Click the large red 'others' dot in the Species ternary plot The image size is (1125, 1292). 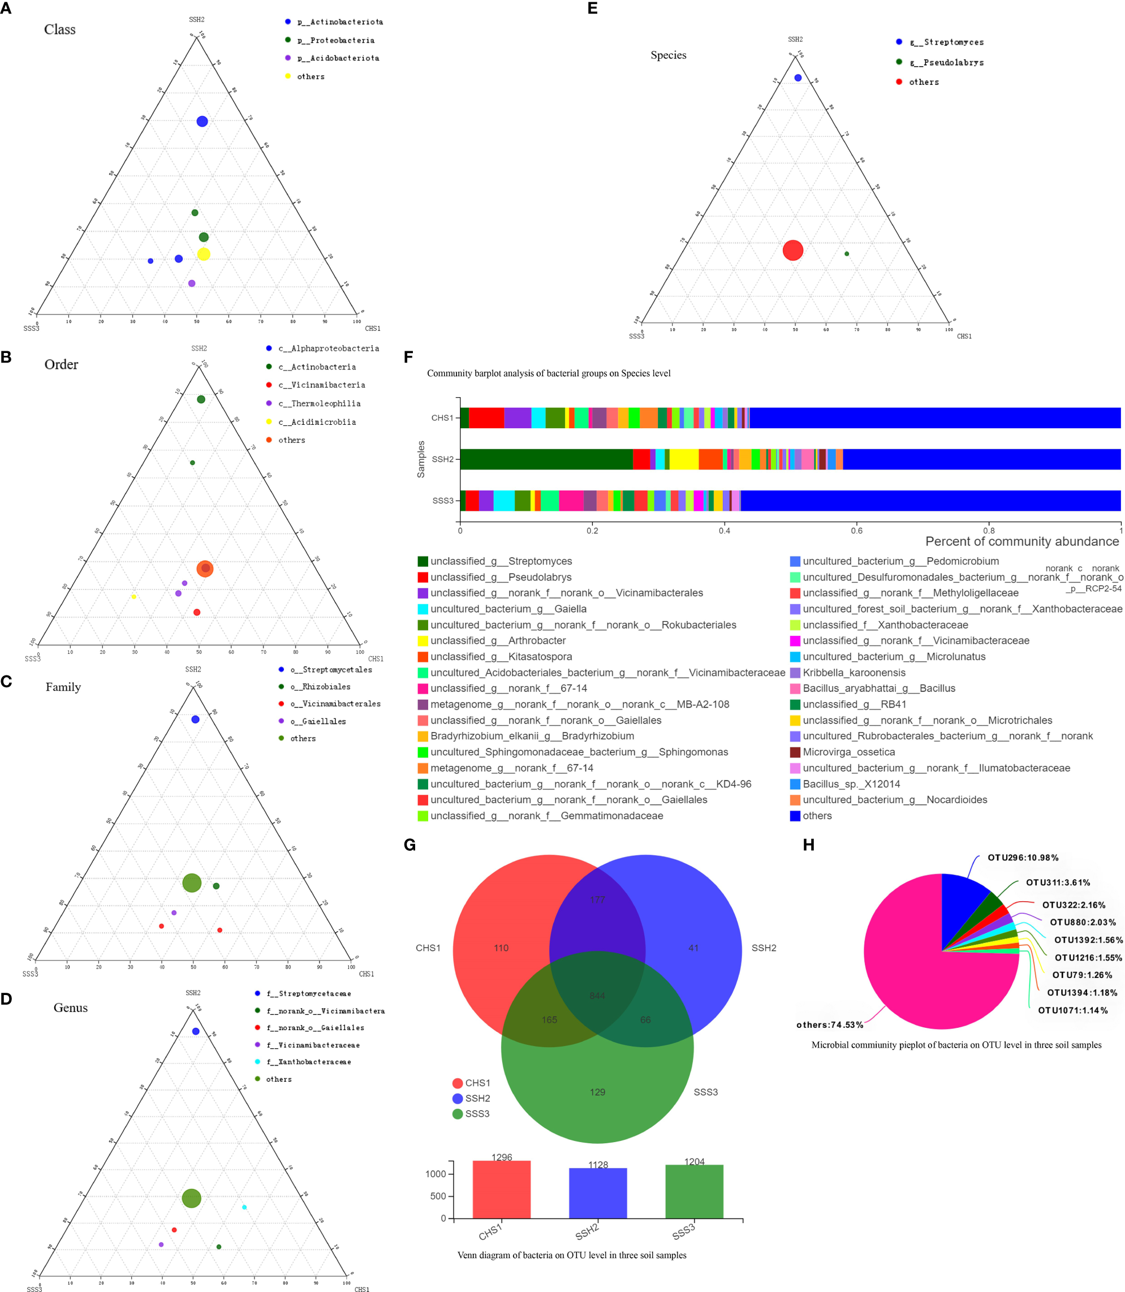[793, 251]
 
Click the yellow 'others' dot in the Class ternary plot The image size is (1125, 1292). [204, 254]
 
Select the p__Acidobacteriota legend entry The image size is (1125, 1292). [338, 58]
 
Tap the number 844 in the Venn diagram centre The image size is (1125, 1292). [597, 996]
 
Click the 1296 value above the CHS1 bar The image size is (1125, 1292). [502, 1157]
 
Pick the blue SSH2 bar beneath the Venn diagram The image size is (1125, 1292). [598, 1193]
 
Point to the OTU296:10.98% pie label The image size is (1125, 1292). [1023, 858]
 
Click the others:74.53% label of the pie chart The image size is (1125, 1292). [829, 1025]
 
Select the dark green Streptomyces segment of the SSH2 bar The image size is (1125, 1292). [546, 459]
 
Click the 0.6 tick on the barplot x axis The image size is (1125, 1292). [856, 531]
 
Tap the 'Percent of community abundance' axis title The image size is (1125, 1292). [1021, 541]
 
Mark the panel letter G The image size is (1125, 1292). [410, 845]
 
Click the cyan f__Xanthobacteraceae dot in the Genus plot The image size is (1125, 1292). [244, 1207]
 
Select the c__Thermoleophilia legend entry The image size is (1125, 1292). [319, 404]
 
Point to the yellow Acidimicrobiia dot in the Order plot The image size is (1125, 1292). [133, 596]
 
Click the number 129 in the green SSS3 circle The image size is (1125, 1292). [597, 1092]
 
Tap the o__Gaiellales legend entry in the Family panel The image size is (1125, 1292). [318, 721]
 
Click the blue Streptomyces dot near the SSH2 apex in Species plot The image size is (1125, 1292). [798, 78]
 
